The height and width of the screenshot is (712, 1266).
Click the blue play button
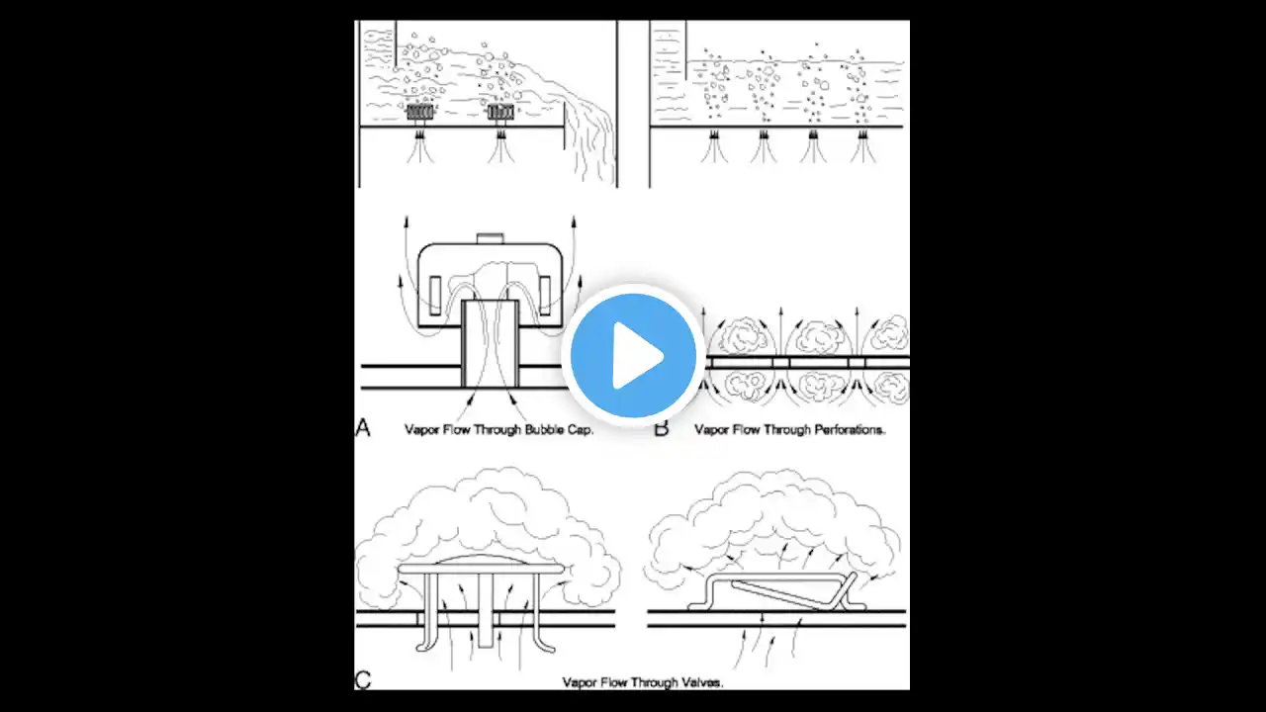point(633,355)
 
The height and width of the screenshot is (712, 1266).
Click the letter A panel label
point(363,428)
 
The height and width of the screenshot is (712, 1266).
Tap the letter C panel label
point(363,679)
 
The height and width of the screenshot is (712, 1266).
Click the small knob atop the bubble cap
point(490,238)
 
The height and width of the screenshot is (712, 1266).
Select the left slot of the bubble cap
point(435,296)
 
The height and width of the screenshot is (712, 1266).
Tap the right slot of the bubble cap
point(545,296)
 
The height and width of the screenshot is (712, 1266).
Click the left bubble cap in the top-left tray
point(420,112)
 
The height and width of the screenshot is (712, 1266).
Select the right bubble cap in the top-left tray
point(500,112)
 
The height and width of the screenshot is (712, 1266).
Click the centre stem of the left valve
point(486,610)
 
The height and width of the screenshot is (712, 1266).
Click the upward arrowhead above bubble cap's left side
point(406,221)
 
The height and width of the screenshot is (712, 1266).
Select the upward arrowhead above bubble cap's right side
point(574,221)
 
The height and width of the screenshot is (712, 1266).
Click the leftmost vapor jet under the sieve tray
point(714,147)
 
